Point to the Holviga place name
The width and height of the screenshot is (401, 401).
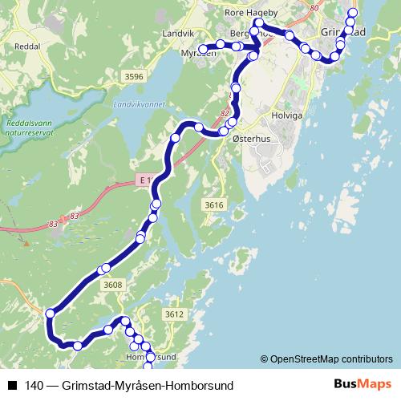(286, 114)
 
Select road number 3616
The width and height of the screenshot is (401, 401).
(213, 205)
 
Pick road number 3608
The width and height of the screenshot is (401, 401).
(113, 284)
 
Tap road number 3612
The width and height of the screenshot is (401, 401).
(175, 314)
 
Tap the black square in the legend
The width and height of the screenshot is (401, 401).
(10, 386)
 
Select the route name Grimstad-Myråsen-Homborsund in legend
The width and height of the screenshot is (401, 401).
(145, 386)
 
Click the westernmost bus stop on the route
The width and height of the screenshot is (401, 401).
(51, 313)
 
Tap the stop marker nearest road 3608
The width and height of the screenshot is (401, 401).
(104, 269)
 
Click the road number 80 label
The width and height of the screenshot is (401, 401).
(312, 7)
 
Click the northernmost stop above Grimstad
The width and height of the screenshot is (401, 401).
(353, 13)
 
